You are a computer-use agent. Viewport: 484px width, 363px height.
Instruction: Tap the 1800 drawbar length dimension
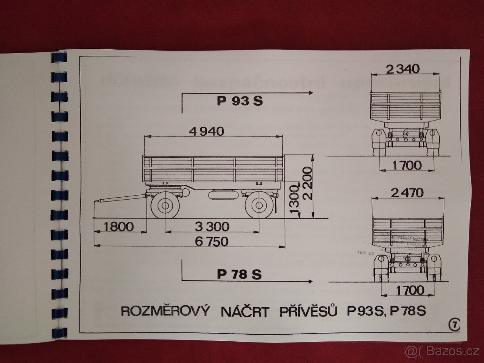tap(118, 226)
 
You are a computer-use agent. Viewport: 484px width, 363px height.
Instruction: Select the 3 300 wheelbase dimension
tap(212, 226)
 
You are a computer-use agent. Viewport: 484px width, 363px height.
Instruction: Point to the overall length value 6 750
tap(211, 241)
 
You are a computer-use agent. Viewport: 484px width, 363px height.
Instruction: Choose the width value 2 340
tap(403, 69)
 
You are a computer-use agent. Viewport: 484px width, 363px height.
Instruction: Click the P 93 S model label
tap(240, 101)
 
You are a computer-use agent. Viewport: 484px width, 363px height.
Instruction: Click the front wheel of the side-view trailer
tap(165, 206)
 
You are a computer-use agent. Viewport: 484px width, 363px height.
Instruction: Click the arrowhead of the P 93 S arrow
tap(311, 93)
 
